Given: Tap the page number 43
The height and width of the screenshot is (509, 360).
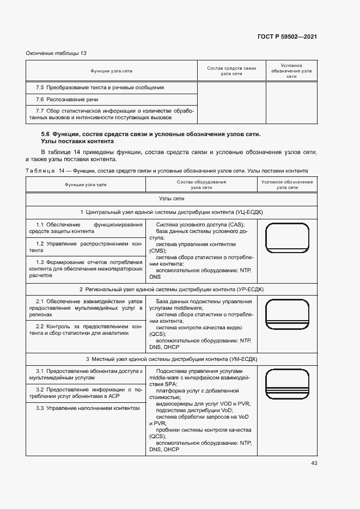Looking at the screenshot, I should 314,463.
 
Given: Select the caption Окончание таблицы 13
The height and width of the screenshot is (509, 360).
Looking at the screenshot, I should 57,53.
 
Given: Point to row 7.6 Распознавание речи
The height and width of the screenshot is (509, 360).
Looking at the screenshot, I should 59,100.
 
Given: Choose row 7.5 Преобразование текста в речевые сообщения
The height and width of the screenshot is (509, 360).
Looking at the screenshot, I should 100,88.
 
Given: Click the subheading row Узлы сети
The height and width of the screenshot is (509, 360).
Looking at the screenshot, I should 172,200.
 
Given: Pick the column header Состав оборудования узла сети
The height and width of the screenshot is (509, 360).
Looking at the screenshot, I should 201,185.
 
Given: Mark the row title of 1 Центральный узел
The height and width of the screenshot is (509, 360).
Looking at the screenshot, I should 172,212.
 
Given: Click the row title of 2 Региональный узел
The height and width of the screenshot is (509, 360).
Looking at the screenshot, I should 172,289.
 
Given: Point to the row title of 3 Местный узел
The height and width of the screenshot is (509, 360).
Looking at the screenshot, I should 172,359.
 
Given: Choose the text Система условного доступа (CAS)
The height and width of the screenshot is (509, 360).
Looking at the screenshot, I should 200,225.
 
